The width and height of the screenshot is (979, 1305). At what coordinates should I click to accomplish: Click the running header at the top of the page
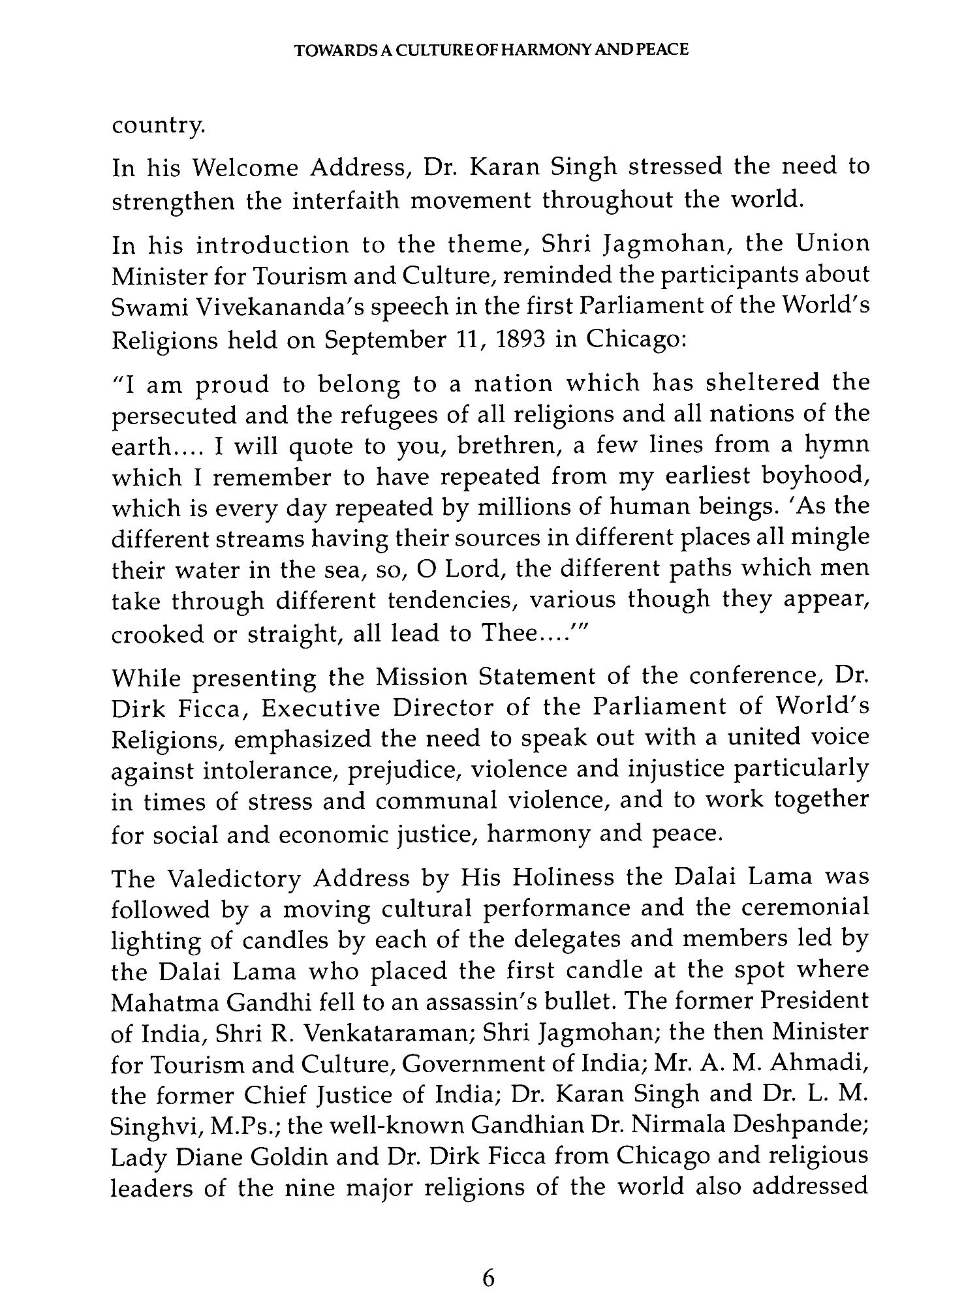[491, 50]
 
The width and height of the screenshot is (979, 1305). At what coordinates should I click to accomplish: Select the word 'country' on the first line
[157, 126]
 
